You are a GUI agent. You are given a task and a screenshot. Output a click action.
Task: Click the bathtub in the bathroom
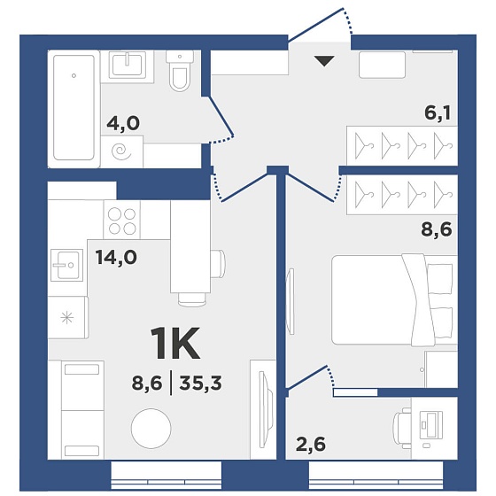point(74,107)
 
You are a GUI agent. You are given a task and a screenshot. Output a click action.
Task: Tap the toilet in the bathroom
point(179,71)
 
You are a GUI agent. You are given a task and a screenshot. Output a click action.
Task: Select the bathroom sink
point(128,65)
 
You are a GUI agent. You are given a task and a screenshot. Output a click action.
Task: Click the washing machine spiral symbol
point(122,151)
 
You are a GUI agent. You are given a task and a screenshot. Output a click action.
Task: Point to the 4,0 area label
point(123,123)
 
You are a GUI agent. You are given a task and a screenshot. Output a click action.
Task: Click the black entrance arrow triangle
point(324,61)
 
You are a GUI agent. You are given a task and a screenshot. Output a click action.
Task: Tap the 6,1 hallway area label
point(438,113)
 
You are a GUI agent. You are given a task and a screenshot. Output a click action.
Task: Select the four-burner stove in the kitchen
point(122,221)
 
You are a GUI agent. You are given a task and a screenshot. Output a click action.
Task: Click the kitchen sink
point(66,265)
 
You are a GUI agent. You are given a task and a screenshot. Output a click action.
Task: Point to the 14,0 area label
point(116,258)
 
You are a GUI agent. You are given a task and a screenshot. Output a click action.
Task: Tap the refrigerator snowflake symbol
point(67,317)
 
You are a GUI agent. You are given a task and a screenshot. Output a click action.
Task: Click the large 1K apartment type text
point(175,343)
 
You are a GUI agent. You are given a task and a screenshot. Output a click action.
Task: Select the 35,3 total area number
point(200,384)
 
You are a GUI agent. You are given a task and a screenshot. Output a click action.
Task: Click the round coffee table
point(151,429)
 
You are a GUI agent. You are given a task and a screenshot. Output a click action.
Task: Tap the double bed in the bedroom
point(394,300)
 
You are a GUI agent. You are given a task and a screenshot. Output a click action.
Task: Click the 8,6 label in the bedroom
point(436,229)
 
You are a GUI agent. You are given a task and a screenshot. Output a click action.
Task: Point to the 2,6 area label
point(310,445)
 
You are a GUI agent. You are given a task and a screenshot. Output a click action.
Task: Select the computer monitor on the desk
point(430,424)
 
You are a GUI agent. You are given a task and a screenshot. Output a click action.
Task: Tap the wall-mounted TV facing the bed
point(291,300)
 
